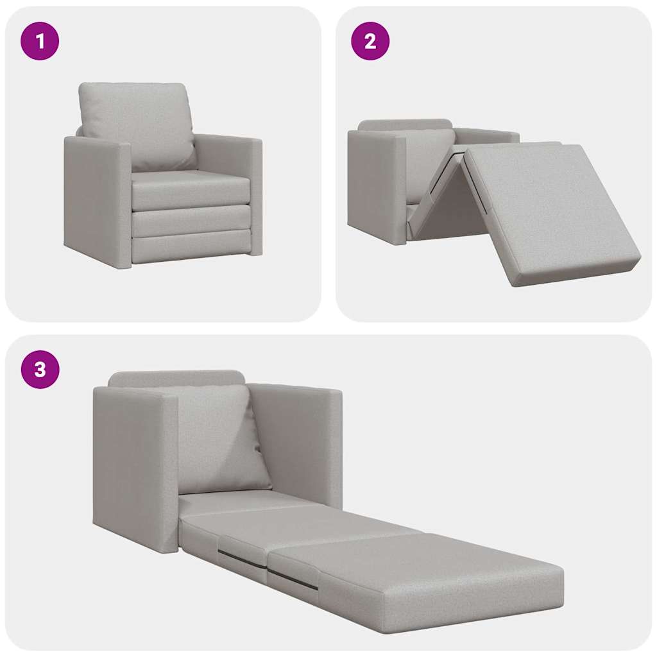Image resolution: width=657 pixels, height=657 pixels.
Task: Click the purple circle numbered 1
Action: point(40,42)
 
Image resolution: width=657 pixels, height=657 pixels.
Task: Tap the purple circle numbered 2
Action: point(370,42)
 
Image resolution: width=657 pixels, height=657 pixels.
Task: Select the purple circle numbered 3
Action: point(40,370)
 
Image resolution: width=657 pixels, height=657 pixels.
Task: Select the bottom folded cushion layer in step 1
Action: point(191,247)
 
